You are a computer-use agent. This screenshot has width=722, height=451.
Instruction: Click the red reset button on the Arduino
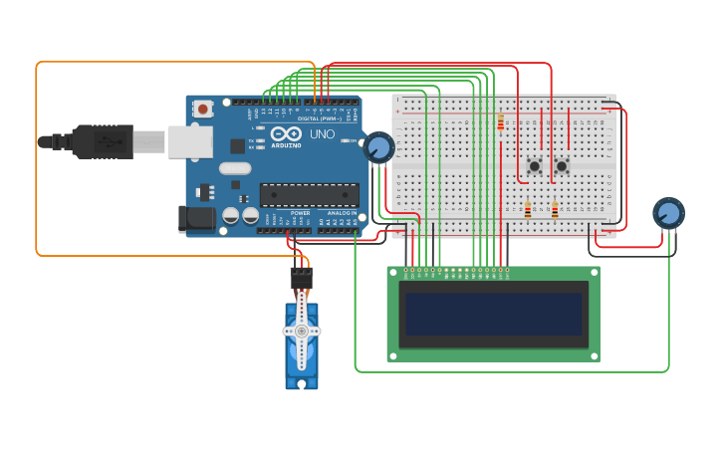(x=204, y=109)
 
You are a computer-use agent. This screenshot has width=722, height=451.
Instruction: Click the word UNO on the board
(x=322, y=133)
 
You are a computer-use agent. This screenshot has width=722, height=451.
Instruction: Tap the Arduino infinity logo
(x=285, y=133)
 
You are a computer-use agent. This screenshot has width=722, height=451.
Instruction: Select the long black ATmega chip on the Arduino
(x=309, y=195)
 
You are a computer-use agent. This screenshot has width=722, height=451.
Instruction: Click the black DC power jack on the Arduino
(x=196, y=219)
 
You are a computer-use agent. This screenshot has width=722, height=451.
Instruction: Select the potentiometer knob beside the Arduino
(x=378, y=148)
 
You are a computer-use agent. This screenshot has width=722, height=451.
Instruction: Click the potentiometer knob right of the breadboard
(x=668, y=213)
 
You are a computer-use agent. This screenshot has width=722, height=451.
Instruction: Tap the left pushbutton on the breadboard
(x=535, y=165)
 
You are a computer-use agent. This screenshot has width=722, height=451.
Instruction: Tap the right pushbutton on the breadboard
(x=562, y=165)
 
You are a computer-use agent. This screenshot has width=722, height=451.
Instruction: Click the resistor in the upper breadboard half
(x=500, y=122)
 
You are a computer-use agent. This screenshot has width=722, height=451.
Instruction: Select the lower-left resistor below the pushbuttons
(x=528, y=209)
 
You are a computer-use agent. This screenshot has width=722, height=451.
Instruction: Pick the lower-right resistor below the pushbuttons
(x=555, y=209)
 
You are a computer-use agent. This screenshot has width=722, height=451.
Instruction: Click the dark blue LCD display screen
(x=492, y=314)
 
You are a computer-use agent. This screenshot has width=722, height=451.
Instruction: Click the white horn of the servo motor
(x=301, y=332)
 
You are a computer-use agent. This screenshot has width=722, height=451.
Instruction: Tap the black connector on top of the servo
(x=301, y=278)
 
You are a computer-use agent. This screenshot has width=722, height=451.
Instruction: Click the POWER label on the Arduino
(x=300, y=213)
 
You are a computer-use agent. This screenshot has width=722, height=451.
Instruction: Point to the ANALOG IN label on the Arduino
(x=339, y=213)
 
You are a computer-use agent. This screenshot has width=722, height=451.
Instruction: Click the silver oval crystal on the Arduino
(x=235, y=167)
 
